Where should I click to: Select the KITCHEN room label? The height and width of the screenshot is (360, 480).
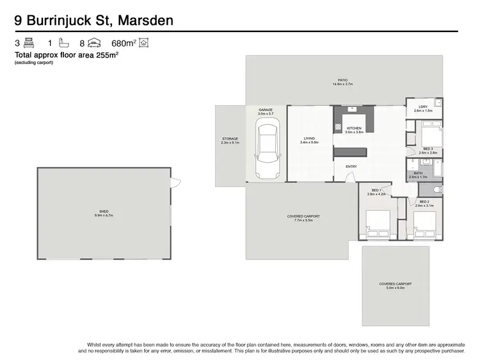pos(355,129)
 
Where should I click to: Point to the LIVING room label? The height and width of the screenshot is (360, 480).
pos(310,138)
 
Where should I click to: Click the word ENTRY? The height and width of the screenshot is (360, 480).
pos(351,167)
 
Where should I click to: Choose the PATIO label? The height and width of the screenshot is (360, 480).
pos(343,81)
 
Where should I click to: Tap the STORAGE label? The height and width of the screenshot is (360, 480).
pos(230,139)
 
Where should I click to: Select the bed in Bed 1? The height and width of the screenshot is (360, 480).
pos(376,222)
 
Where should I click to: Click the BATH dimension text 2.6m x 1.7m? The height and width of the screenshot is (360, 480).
pos(418,177)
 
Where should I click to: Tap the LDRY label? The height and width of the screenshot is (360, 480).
pos(423,106)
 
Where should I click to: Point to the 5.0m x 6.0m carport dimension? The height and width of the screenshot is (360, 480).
pos(395,288)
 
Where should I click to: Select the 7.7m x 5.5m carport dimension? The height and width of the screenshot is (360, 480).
pos(303,220)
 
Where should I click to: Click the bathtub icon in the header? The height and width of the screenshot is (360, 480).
pos(63,44)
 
